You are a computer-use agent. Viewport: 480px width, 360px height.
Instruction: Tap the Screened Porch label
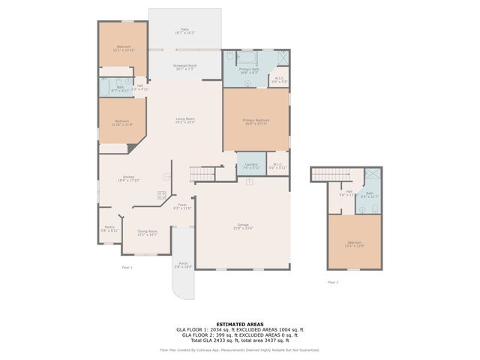click(184, 67)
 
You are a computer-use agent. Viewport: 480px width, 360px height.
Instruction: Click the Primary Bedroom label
click(256, 121)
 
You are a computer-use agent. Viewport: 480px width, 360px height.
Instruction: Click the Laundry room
click(251, 165)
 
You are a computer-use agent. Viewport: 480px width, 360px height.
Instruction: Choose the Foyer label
click(182, 206)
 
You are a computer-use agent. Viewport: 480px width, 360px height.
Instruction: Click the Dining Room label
click(147, 232)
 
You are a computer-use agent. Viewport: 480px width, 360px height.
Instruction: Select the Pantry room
click(109, 229)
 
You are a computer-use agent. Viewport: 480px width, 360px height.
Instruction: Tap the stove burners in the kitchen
click(161, 196)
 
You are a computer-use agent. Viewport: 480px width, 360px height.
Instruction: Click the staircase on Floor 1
click(201, 175)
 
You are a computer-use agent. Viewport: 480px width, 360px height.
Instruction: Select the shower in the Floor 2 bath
click(372, 178)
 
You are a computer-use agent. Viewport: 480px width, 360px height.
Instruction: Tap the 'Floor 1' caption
click(127, 267)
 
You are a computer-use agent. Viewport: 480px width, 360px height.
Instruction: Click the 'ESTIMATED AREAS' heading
click(239, 324)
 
